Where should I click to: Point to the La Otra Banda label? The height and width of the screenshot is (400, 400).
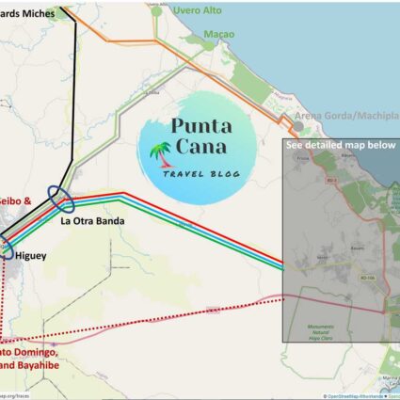tap(92, 222)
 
